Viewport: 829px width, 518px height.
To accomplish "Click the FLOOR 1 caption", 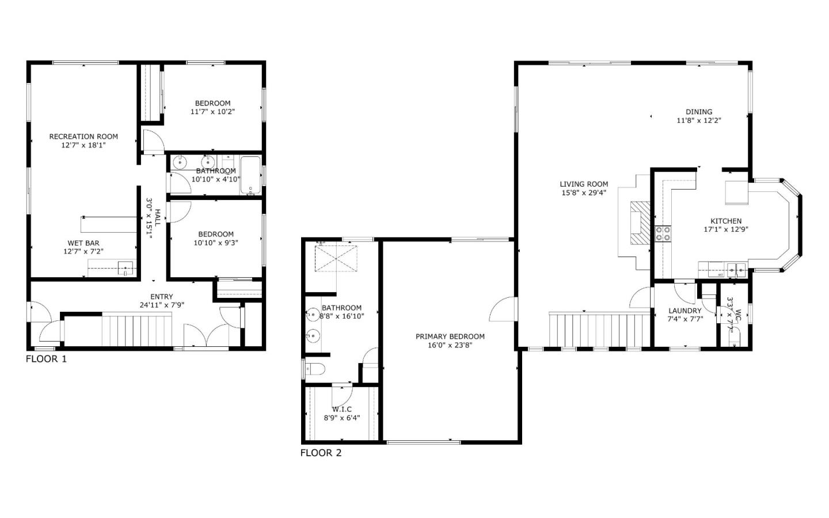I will pos(47,359).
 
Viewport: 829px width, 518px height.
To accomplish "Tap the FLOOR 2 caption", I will pos(321,453).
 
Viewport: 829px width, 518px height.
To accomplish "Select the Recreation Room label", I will pos(83,137).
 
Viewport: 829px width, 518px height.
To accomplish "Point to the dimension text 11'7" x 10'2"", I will pos(212,112).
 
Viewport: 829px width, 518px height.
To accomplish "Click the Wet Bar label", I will pos(83,243).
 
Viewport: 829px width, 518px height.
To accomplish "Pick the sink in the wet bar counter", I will pos(125,267).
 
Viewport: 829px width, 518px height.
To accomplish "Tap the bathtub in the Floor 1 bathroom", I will pos(250,175).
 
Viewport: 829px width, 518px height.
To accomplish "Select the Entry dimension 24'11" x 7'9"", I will pos(162,305).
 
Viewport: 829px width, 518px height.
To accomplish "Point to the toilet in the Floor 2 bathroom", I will pos(314,370).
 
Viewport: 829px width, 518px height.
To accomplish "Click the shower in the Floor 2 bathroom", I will pos(336,258).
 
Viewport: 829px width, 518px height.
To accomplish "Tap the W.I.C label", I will pos(341,409).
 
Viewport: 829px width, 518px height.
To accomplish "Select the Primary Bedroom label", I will pos(450,336).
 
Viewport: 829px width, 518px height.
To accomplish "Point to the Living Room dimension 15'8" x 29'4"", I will pos(584,193).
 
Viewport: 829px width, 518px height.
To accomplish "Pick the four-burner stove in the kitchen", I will pos(663,233).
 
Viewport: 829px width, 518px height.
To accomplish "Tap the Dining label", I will pos(699,112).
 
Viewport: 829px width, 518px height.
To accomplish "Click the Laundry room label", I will pos(685,311).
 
